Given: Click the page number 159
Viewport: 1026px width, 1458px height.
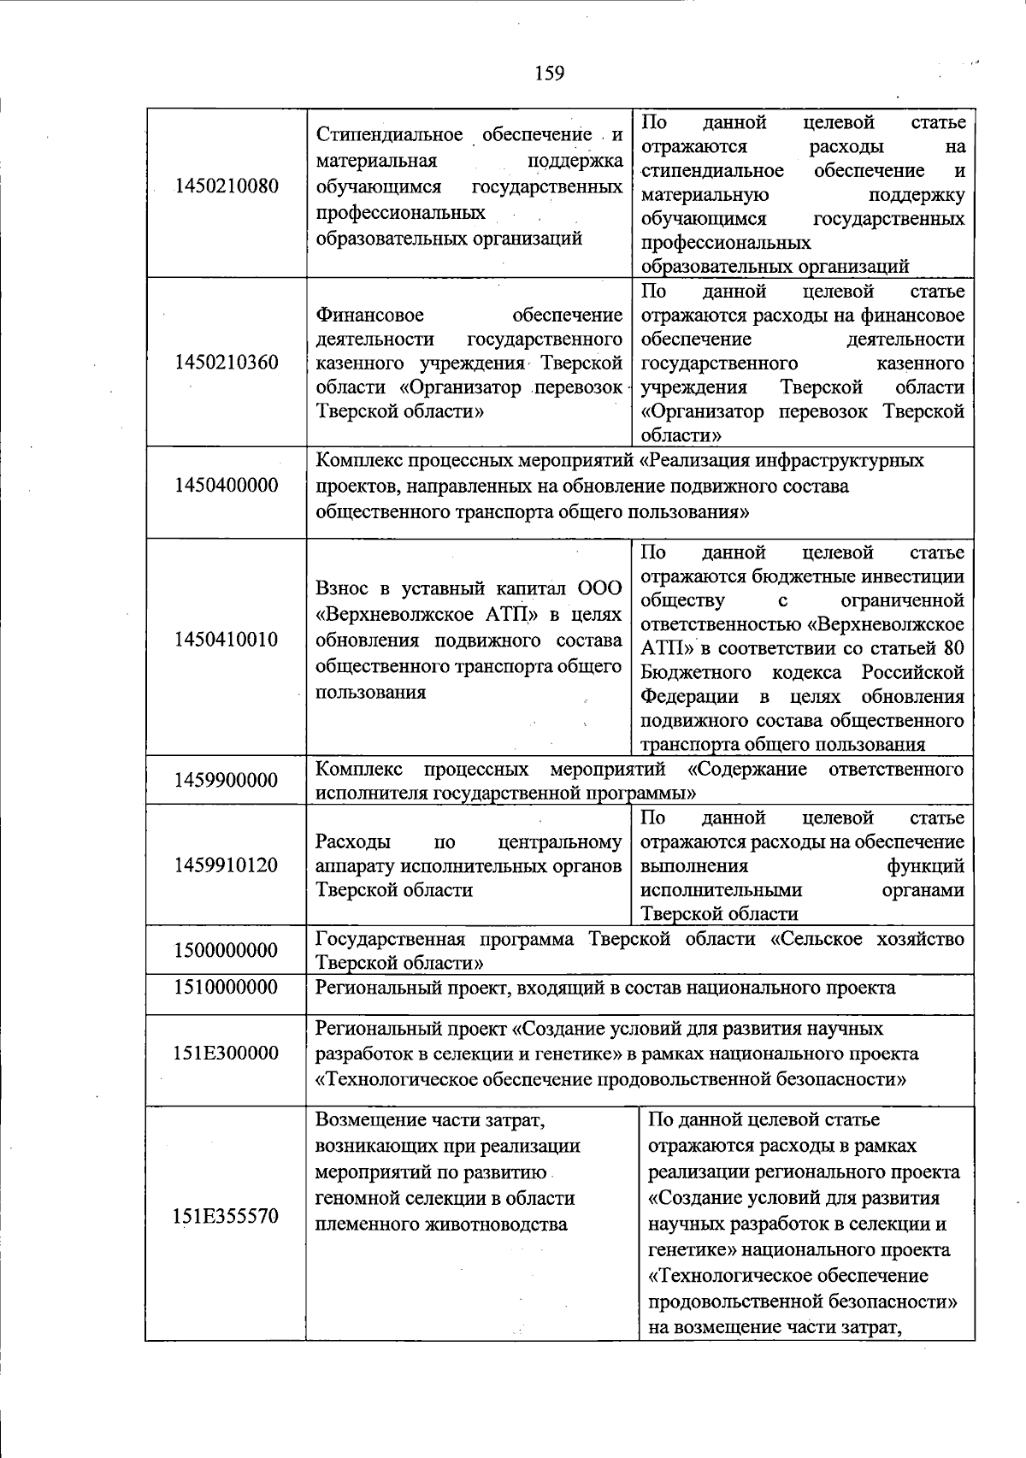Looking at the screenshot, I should (550, 74).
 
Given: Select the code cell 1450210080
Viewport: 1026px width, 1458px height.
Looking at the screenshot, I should (227, 186).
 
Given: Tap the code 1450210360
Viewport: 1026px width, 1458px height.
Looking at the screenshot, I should (227, 363).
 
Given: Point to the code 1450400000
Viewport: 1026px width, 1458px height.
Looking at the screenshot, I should (227, 486).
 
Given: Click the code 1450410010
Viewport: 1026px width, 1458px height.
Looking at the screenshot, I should (227, 640).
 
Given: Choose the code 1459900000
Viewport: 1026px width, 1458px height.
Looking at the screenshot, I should (227, 780).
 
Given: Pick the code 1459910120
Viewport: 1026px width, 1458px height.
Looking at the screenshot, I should (227, 865).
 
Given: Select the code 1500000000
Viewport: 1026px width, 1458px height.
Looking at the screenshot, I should (227, 951).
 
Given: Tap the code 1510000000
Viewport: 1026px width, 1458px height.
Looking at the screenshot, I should (227, 988).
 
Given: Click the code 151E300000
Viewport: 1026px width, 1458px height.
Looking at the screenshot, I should (227, 1053).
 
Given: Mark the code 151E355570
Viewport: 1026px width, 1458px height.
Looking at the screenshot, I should (227, 1216).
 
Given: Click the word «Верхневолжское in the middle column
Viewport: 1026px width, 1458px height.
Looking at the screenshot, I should (390, 615).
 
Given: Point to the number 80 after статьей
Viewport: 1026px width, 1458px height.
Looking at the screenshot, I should (952, 648).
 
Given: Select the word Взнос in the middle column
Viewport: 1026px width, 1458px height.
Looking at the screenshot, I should (342, 589).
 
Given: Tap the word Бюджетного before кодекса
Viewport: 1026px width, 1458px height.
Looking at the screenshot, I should (696, 672).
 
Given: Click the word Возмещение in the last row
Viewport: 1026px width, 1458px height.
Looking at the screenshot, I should (367, 1119).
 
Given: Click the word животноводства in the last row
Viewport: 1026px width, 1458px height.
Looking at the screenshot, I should (495, 1224).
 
